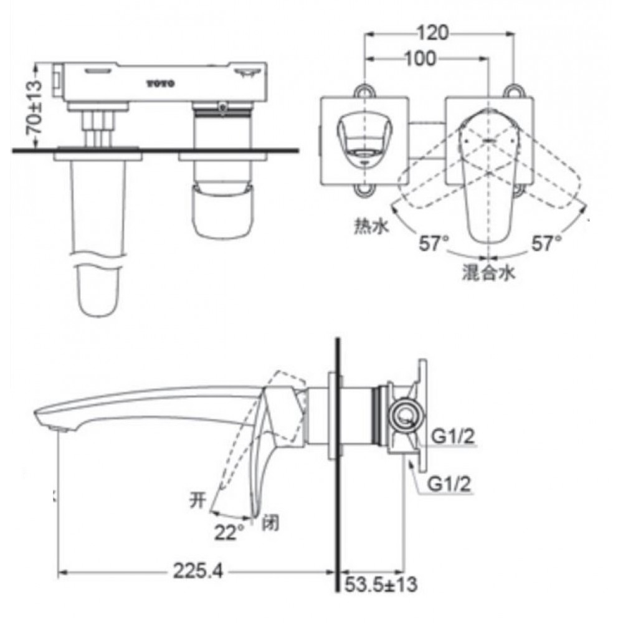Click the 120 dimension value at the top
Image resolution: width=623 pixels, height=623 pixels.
[439, 33]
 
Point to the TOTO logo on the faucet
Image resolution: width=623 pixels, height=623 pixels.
[161, 82]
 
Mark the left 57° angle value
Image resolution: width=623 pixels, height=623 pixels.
[434, 244]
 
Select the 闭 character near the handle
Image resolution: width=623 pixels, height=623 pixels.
[271, 522]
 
